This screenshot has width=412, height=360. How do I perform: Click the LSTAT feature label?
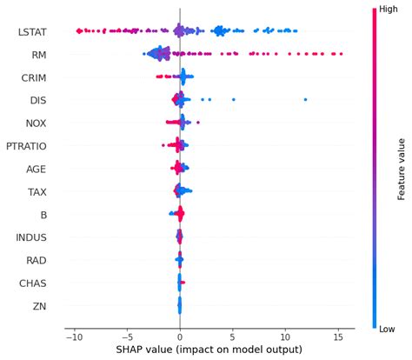pos(32,32)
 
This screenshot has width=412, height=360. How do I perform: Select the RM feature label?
pos(38,55)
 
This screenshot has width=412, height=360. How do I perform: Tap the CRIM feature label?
pos(34,77)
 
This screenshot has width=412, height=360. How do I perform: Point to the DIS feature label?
pos(37,100)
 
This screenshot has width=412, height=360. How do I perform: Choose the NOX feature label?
pos(36,123)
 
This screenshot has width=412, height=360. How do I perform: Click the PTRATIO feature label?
pos(27,145)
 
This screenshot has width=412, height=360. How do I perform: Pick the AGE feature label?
pos(37,169)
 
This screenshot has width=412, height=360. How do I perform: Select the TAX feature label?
pos(37,191)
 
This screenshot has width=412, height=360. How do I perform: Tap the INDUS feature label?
pos(32,237)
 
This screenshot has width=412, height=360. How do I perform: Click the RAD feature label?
pos(37,259)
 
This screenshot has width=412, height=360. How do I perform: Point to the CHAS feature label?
pos(33,282)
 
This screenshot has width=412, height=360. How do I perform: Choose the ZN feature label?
pos(40,304)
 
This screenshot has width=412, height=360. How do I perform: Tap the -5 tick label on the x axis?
pos(127,336)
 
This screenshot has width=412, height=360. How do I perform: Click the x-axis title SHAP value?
pos(208,350)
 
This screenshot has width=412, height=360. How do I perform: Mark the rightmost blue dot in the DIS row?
pos(306,100)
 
